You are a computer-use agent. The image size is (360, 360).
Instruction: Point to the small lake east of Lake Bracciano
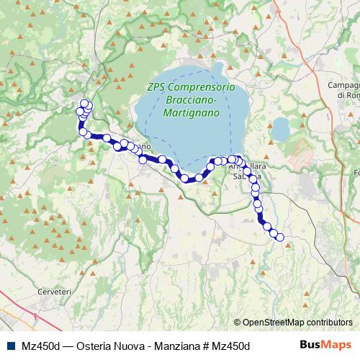[x=279, y=130]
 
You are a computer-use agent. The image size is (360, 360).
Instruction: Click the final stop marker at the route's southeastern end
[x=280, y=238]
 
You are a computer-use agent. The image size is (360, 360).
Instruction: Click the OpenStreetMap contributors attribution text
[x=297, y=322]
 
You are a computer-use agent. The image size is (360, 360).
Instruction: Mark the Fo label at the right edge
[x=355, y=173]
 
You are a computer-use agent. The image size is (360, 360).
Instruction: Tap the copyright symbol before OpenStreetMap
[x=238, y=322]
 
